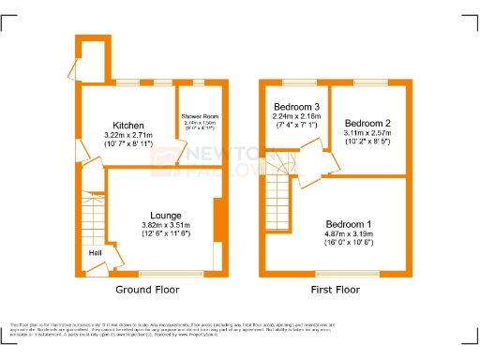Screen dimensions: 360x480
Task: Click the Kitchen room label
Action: pos(128,125)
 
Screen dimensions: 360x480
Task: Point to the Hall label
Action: pos(95,253)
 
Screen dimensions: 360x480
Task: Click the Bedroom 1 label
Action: pos(349,224)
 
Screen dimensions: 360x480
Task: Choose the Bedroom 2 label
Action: pos(367,124)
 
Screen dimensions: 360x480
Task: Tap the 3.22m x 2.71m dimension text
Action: pos(128,136)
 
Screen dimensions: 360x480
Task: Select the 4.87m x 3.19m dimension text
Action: pos(349,234)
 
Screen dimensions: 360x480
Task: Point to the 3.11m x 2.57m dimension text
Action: pos(367,135)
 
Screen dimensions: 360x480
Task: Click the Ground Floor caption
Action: pos(147,290)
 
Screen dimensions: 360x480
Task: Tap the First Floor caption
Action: pos(335,290)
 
